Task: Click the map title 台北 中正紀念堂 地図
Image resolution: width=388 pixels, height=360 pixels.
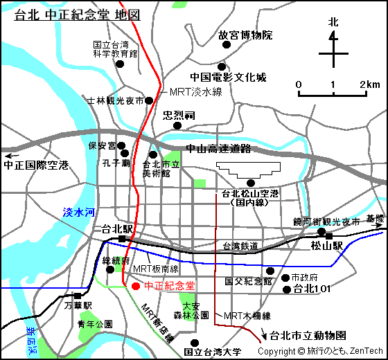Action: point(78,15)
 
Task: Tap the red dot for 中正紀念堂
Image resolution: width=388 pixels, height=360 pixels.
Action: point(135,286)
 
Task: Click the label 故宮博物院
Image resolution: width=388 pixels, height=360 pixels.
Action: point(246,35)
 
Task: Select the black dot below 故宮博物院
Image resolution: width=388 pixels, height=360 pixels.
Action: point(223,48)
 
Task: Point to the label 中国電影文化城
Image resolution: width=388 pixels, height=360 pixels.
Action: point(229,78)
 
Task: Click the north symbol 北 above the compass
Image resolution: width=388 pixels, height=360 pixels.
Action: point(333,23)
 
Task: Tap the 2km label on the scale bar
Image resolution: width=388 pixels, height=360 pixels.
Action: point(369,84)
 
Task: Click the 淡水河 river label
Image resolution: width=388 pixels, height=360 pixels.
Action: point(78,213)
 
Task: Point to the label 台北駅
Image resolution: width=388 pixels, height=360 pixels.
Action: point(117,229)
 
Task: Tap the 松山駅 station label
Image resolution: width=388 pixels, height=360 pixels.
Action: point(327,246)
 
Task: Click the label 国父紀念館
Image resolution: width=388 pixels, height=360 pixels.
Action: point(249,282)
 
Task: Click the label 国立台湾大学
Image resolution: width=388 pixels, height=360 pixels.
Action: point(213,352)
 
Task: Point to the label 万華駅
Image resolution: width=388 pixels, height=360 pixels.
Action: point(78,305)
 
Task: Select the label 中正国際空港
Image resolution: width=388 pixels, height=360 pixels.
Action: point(36,165)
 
